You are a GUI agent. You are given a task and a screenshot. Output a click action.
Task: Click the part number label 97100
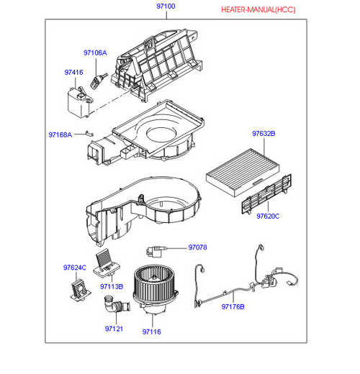coord(166,6)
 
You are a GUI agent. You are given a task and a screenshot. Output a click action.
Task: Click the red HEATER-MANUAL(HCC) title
coord(258,10)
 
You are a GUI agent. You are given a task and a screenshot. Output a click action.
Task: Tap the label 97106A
coord(95,53)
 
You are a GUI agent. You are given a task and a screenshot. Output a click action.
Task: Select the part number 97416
coord(73,72)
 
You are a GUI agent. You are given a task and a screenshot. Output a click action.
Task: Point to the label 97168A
coord(60,134)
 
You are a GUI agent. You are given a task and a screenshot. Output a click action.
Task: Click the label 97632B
coord(264,134)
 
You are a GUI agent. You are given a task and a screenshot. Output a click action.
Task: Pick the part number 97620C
coord(268,216)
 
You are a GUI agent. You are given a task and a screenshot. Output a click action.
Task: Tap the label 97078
coord(197,247)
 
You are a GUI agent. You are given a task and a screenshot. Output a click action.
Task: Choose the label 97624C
coord(75,268)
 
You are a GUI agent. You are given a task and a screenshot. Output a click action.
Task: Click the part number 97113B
coord(112,286)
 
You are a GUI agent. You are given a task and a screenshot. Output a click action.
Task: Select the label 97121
coord(114,329)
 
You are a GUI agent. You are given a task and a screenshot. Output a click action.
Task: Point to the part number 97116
coord(152,332)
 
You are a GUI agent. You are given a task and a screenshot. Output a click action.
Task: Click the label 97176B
coord(233,306)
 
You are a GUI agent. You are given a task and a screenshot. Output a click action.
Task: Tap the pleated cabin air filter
coord(243,173)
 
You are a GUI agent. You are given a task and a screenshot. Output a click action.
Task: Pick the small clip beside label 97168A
coord(89,133)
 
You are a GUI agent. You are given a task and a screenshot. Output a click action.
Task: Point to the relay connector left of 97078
coord(155,251)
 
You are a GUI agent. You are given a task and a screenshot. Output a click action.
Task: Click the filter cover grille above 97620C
coord(266,194)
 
